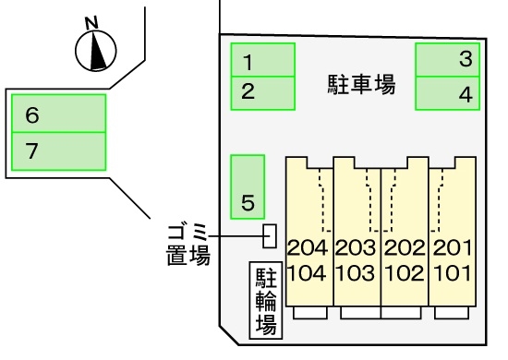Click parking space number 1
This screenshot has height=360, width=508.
tap(261, 62)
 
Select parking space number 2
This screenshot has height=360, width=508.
tap(261, 92)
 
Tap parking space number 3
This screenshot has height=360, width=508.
tap(449, 60)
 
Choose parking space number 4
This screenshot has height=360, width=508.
tap(449, 92)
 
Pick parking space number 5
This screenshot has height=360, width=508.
tap(247, 187)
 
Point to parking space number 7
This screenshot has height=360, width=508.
tap(58, 150)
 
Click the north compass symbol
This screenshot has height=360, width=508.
tap(96, 51)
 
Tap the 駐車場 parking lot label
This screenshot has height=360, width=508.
tap(362, 86)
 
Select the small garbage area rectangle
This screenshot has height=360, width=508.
tap(270, 235)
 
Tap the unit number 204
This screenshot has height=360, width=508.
tap(308, 247)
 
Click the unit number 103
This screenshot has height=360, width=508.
tap(356, 273)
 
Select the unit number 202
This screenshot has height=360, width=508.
tap(404, 247)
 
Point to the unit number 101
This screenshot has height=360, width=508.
tap(452, 273)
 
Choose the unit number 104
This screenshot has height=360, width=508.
tap(308, 273)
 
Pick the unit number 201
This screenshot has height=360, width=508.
tap(452, 247)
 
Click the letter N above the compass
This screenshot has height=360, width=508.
tap(90, 22)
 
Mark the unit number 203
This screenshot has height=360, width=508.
tap(356, 247)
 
